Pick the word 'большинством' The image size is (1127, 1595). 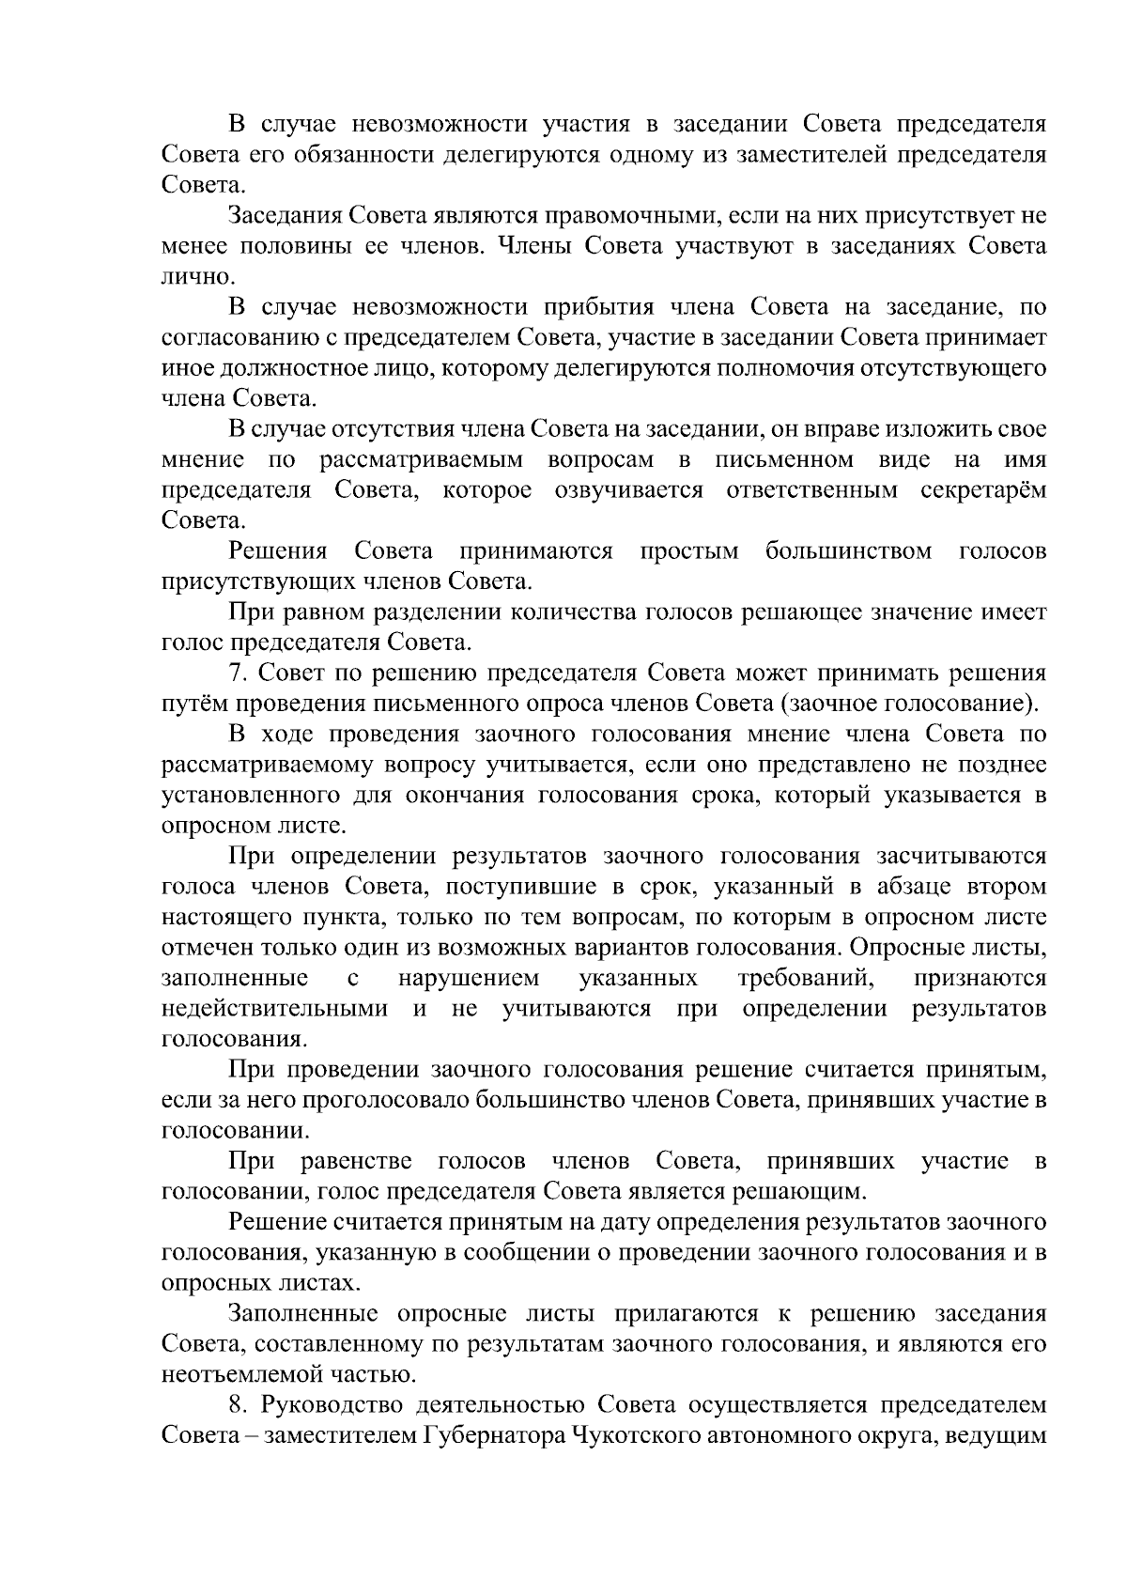(x=848, y=551)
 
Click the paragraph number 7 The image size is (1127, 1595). (x=237, y=674)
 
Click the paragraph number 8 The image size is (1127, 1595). (x=237, y=1406)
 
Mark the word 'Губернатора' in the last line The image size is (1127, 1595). (x=486, y=1437)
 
